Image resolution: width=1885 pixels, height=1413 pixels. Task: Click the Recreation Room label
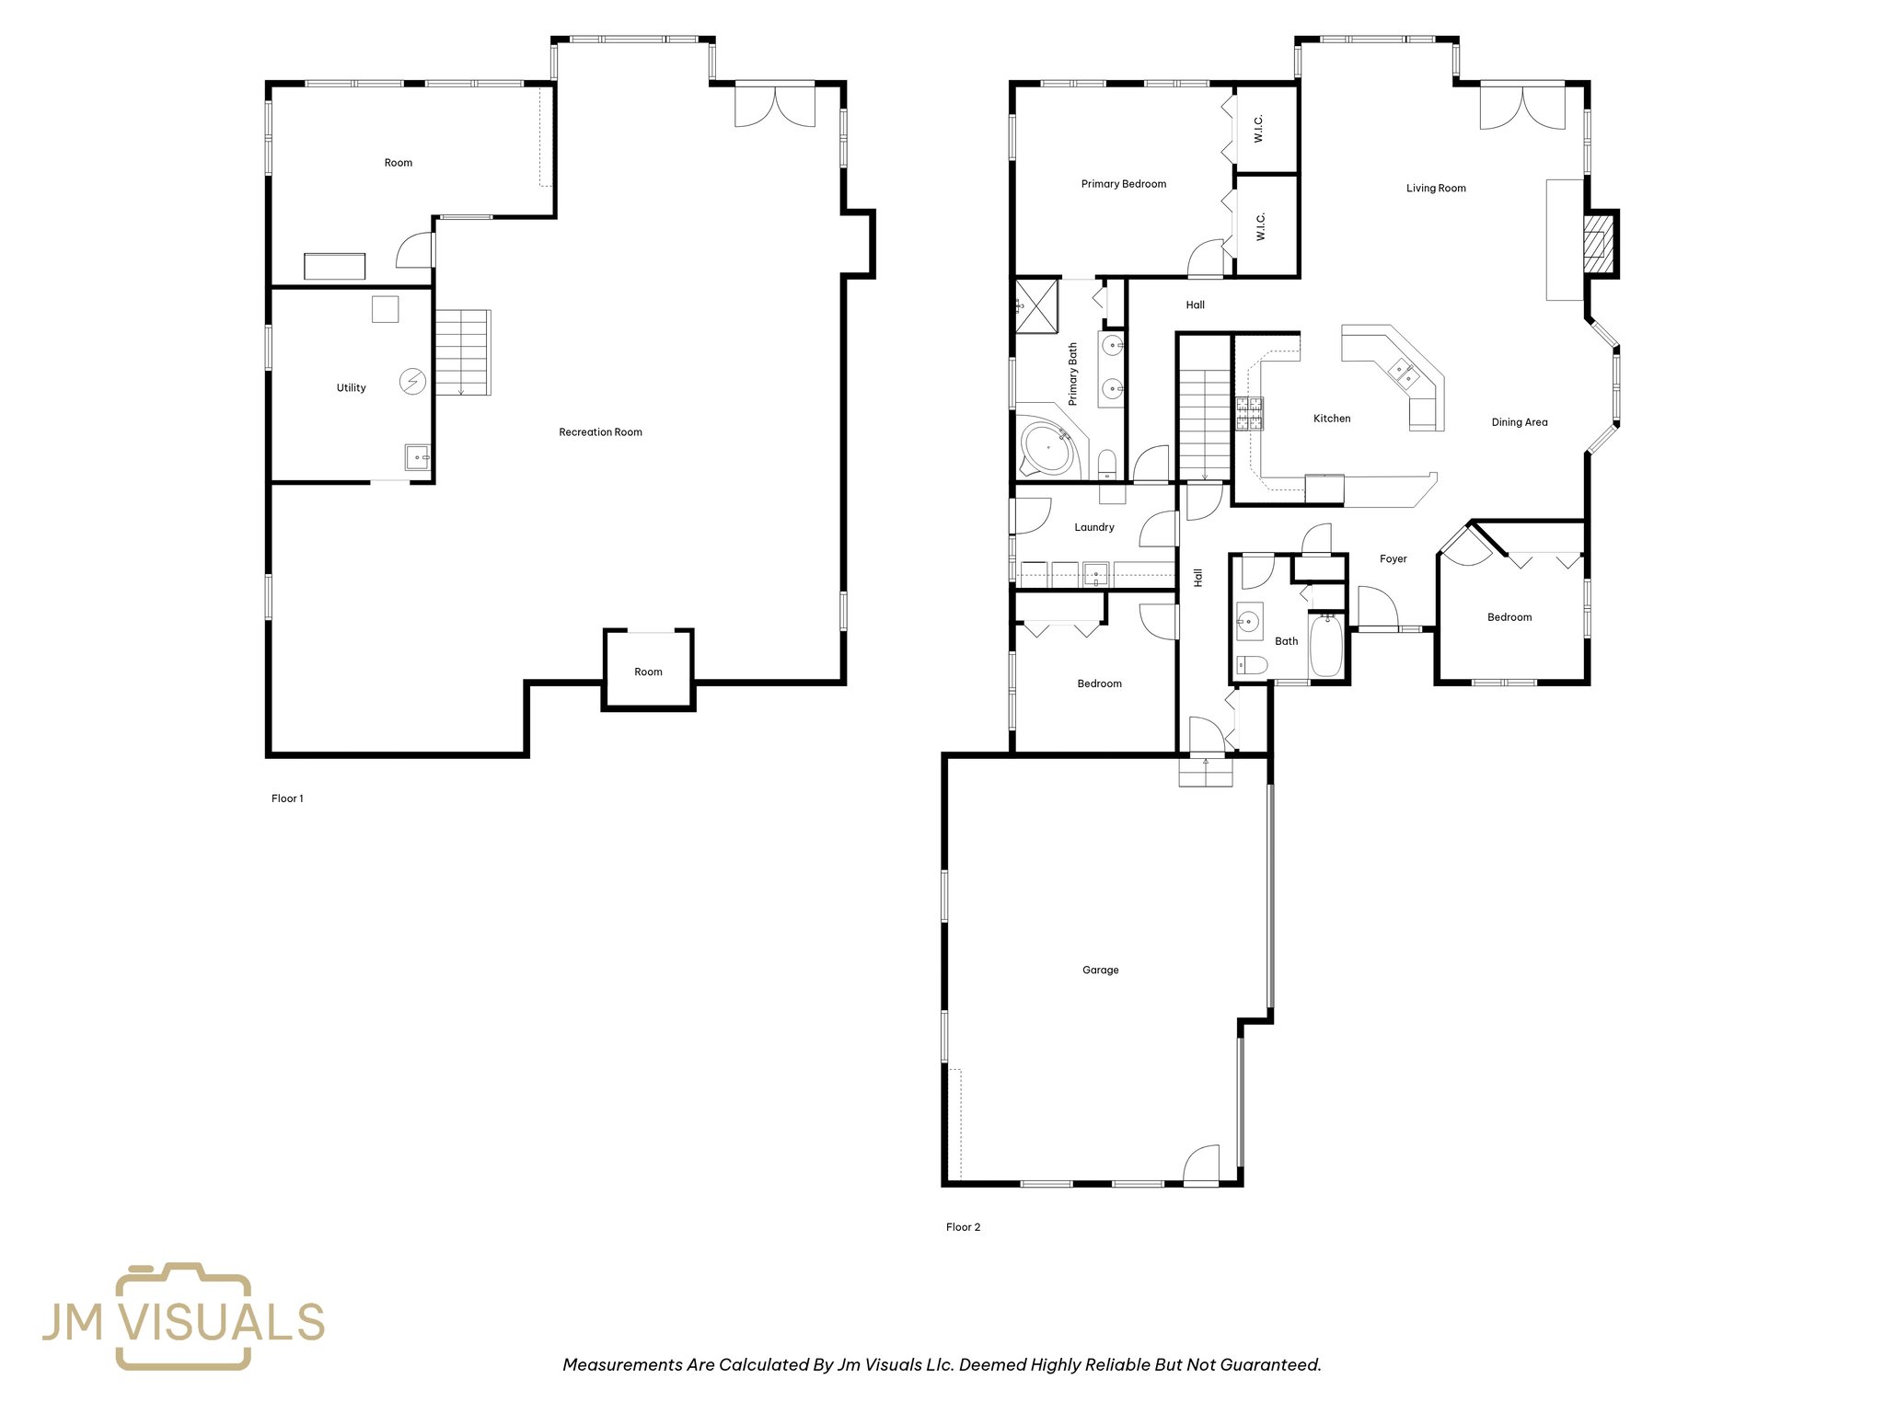pyautogui.click(x=600, y=432)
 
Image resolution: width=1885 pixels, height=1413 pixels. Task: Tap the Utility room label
pyautogui.click(x=351, y=388)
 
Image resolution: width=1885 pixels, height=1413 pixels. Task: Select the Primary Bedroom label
pyautogui.click(x=1123, y=184)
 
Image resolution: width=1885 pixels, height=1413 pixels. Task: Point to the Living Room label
pyautogui.click(x=1435, y=189)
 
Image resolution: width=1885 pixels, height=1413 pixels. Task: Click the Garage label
pyautogui.click(x=1100, y=971)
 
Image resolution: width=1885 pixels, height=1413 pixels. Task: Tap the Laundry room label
pyautogui.click(x=1093, y=528)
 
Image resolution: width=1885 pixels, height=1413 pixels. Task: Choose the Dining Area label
pyautogui.click(x=1519, y=423)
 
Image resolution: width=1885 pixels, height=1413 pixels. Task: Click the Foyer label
pyautogui.click(x=1393, y=559)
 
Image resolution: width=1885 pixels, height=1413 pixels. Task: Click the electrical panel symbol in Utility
pyautogui.click(x=412, y=381)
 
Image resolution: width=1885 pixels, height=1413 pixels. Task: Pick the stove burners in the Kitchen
pyautogui.click(x=1249, y=414)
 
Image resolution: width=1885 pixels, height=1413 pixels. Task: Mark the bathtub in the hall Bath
pyautogui.click(x=1326, y=646)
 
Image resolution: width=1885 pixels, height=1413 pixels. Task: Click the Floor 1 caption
pyautogui.click(x=287, y=798)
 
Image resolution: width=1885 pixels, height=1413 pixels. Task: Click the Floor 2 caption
pyautogui.click(x=963, y=1227)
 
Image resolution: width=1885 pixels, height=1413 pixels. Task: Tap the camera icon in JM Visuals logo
pyautogui.click(x=182, y=1316)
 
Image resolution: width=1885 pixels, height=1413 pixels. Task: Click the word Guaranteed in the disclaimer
pyautogui.click(x=1270, y=1365)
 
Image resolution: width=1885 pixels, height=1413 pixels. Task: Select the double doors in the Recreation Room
pyautogui.click(x=774, y=106)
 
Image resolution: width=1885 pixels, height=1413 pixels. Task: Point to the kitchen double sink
pyautogui.click(x=1403, y=374)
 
